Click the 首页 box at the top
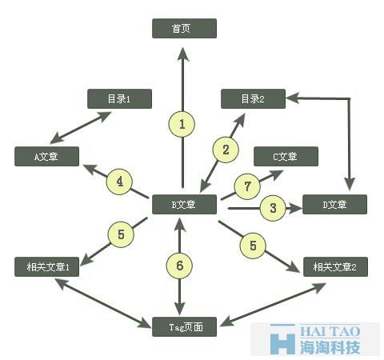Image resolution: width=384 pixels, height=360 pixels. click(x=184, y=28)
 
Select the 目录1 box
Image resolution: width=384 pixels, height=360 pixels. click(x=119, y=98)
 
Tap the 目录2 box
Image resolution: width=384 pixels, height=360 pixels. click(x=253, y=98)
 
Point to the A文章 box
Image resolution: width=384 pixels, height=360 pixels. click(x=46, y=156)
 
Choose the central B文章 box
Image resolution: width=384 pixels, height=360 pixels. click(x=184, y=205)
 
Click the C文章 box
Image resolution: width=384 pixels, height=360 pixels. click(x=286, y=156)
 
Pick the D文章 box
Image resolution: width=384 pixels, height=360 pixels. click(x=334, y=205)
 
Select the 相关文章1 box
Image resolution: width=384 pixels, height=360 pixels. click(x=46, y=266)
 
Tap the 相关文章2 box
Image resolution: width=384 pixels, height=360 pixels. click(x=335, y=266)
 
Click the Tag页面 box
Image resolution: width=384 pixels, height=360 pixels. click(x=184, y=326)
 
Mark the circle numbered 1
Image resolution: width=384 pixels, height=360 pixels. click(x=182, y=124)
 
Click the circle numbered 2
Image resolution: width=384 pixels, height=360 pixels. click(x=226, y=150)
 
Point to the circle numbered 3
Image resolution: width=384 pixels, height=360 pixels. click(x=273, y=208)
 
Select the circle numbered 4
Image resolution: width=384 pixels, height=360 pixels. click(x=119, y=182)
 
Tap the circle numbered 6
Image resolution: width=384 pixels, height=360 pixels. click(x=179, y=266)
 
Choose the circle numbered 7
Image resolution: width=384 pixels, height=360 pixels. click(x=247, y=186)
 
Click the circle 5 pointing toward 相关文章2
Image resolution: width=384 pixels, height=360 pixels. click(x=253, y=246)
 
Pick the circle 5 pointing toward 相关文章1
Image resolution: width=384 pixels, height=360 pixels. click(x=121, y=234)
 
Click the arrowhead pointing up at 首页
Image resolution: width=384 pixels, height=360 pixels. click(x=183, y=54)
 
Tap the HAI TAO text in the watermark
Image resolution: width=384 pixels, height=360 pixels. click(x=330, y=331)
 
